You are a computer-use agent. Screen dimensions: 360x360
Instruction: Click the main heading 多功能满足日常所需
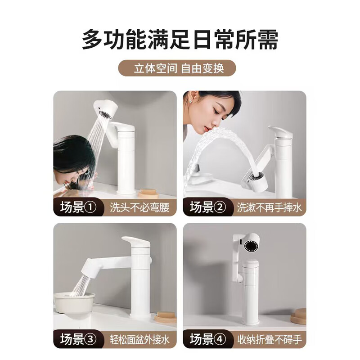(x=180, y=40)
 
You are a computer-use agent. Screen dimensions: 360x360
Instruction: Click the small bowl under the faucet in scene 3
(x=74, y=301)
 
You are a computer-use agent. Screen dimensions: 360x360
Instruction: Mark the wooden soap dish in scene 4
(x=298, y=316)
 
